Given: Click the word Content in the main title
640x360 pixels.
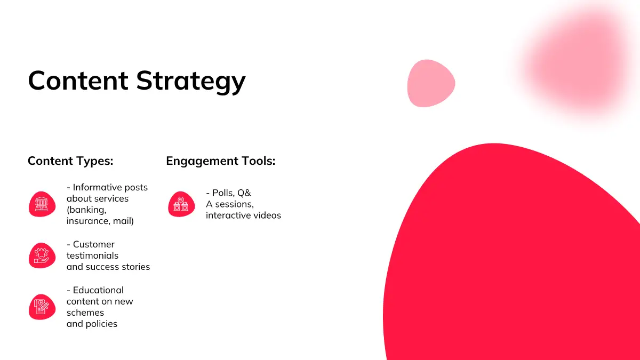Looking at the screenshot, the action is click(x=78, y=81).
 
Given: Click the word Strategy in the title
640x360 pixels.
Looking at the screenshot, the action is click(x=191, y=82).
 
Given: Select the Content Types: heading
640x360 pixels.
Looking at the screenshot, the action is click(x=70, y=161).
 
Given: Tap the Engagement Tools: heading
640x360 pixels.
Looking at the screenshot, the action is click(x=221, y=161).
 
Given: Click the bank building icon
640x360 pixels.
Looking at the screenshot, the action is click(x=42, y=204).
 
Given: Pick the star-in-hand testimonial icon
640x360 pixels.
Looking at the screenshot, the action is click(x=42, y=255).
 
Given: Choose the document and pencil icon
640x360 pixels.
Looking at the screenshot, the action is click(x=42, y=307).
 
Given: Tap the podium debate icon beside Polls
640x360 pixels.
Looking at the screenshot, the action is click(x=181, y=204).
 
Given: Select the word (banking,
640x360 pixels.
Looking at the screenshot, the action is click(x=86, y=210).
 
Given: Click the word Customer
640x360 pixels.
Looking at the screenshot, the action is click(x=94, y=244).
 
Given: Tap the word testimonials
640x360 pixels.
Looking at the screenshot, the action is click(x=92, y=255).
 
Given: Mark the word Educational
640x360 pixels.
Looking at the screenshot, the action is click(x=98, y=290).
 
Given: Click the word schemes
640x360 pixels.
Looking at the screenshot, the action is click(x=85, y=313).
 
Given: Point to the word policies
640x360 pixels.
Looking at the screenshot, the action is click(x=101, y=324).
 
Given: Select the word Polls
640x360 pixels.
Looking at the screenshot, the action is click(x=223, y=193).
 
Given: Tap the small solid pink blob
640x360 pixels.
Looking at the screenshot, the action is click(x=431, y=83).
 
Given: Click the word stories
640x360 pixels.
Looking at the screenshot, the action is click(x=135, y=267).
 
